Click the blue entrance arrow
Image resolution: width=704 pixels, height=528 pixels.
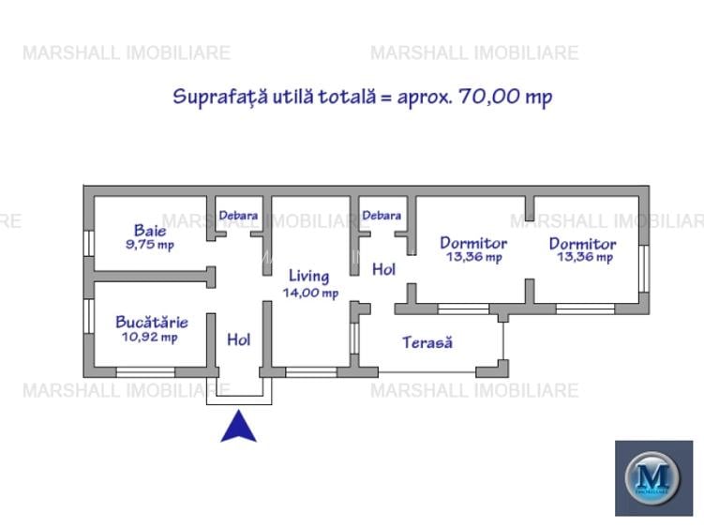pos(239,428)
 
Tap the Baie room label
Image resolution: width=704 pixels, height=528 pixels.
pos(150,230)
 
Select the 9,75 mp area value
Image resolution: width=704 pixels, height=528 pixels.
pos(150,245)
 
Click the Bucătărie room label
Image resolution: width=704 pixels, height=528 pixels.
pos(151,322)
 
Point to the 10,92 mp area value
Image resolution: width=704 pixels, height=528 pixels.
pos(150,337)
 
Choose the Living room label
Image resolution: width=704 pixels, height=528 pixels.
pos(308,276)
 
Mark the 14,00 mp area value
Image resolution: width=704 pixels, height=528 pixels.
pos(310,292)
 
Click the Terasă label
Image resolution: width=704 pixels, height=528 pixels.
pos(427,342)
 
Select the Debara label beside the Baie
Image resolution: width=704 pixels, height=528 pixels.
pos(238,215)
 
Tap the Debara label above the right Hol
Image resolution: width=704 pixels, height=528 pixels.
pos(382,215)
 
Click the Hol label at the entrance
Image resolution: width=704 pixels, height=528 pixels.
pos(239,339)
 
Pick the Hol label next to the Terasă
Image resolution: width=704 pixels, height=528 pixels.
pos(383,269)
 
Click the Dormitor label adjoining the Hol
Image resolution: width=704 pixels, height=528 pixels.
pos(473,243)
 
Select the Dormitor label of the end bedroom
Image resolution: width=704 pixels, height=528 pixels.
pos(582,243)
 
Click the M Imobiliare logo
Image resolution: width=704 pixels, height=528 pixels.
pos(652,477)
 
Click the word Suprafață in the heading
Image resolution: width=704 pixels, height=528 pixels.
pos(219,98)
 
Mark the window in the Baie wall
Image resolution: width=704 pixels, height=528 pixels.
pos(88,243)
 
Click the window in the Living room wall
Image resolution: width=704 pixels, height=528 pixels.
pos(304,372)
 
